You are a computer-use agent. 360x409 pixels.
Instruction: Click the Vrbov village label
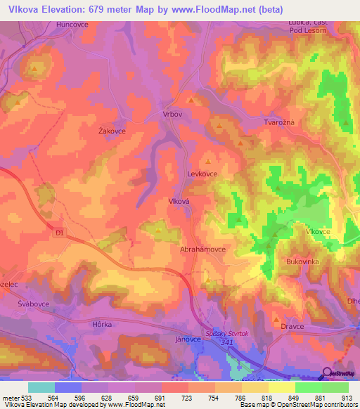(172, 114)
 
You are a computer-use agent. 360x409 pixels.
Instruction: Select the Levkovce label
(202, 173)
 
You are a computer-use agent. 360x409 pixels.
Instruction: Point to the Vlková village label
(180, 200)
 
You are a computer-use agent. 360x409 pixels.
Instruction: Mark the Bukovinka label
(303, 261)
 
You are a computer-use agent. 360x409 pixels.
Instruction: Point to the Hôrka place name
(82, 325)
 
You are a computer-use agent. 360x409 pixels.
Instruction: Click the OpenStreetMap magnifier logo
(326, 373)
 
